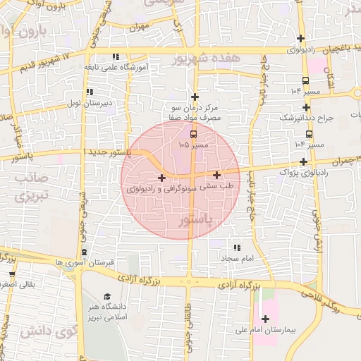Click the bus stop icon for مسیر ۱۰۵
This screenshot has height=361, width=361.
(194, 133)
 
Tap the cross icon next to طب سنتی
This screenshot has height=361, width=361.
(216, 175)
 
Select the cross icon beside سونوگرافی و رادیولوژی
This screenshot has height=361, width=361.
(162, 178)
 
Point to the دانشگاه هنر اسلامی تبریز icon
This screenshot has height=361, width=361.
(107, 297)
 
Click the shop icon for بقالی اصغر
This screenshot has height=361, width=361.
(12, 274)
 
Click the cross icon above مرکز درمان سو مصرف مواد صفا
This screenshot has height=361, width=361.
(195, 96)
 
